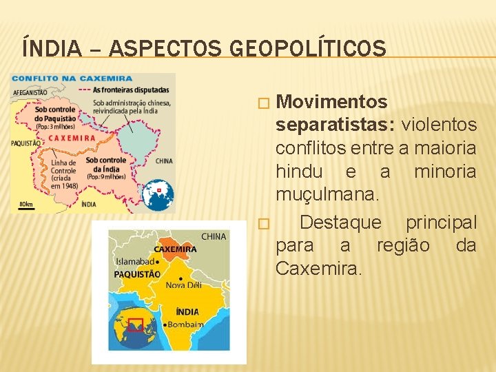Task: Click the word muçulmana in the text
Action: (x=326, y=195)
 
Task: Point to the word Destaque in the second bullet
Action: (x=341, y=223)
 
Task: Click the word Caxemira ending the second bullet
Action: (x=316, y=268)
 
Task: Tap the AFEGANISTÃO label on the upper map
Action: (x=30, y=92)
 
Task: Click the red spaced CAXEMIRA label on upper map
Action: (x=72, y=138)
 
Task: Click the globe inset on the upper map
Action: (x=158, y=195)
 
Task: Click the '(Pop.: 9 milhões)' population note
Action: (x=105, y=176)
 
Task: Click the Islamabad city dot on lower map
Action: (x=158, y=262)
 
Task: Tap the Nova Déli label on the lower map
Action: (x=185, y=285)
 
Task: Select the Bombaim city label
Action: (x=186, y=324)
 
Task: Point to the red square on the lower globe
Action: (x=136, y=325)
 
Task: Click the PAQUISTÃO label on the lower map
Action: (x=137, y=274)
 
